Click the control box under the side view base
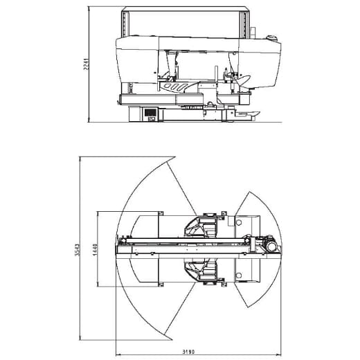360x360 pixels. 150,114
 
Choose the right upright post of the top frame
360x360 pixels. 244,24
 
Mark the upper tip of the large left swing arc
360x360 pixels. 168,156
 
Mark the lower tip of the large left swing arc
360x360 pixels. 168,341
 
